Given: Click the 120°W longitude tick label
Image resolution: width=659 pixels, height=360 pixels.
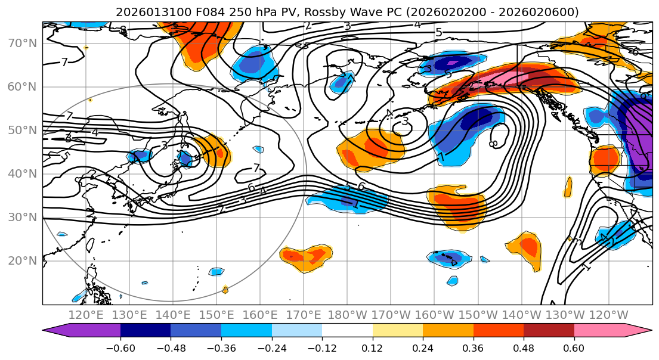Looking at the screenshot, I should (608, 315).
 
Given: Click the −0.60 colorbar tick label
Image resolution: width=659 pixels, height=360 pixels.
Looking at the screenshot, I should (120, 347).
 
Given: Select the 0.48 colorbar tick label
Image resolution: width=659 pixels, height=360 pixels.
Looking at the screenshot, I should (524, 347).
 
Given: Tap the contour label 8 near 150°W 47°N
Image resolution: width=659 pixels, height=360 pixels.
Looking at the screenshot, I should (493, 144).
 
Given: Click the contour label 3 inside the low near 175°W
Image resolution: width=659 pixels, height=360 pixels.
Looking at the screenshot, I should (405, 122).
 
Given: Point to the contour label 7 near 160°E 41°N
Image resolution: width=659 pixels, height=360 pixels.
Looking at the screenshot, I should (256, 168).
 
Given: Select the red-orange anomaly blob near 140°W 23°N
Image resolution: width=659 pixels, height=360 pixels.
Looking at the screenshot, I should (528, 246).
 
